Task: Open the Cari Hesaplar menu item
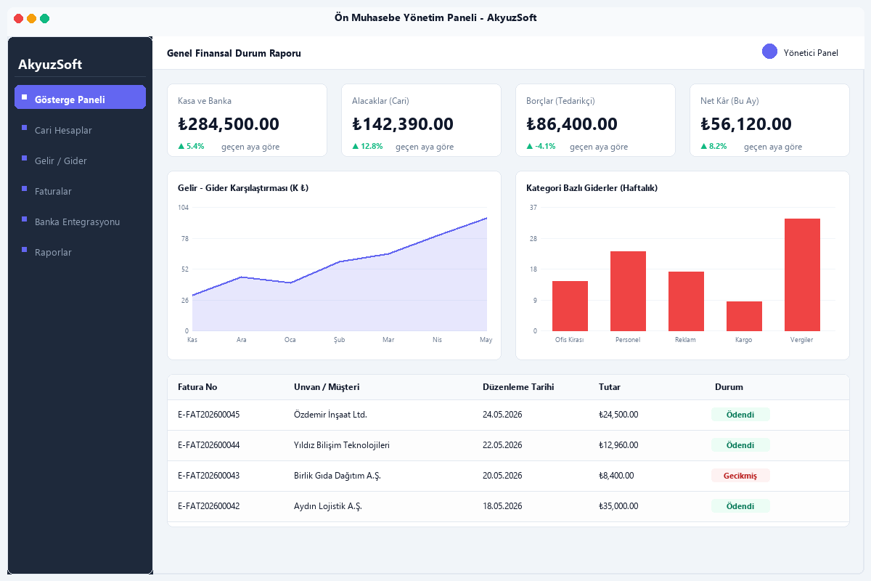pyautogui.click(x=63, y=131)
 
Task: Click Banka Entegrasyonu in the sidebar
pyautogui.click(x=77, y=222)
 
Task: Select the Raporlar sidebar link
pyautogui.click(x=53, y=253)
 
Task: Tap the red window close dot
pyautogui.click(x=18, y=18)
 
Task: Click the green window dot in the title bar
pyautogui.click(x=45, y=18)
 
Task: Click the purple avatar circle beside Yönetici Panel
pyautogui.click(x=769, y=52)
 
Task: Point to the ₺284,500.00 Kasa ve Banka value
pyautogui.click(x=229, y=124)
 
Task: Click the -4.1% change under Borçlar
pyautogui.click(x=545, y=146)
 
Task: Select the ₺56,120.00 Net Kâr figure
pyautogui.click(x=746, y=124)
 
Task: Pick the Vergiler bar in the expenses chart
pyautogui.click(x=802, y=275)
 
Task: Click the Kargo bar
pyautogui.click(x=744, y=317)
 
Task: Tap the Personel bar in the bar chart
pyautogui.click(x=628, y=291)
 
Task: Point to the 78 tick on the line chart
pyautogui.click(x=184, y=238)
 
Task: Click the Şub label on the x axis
pyautogui.click(x=339, y=340)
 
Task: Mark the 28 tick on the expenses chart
pyautogui.click(x=533, y=238)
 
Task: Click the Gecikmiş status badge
pyautogui.click(x=740, y=476)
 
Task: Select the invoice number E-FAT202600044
pyautogui.click(x=209, y=445)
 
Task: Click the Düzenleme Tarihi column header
pyautogui.click(x=518, y=387)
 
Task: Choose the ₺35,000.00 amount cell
pyautogui.click(x=618, y=506)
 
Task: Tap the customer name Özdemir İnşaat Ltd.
pyautogui.click(x=330, y=415)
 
